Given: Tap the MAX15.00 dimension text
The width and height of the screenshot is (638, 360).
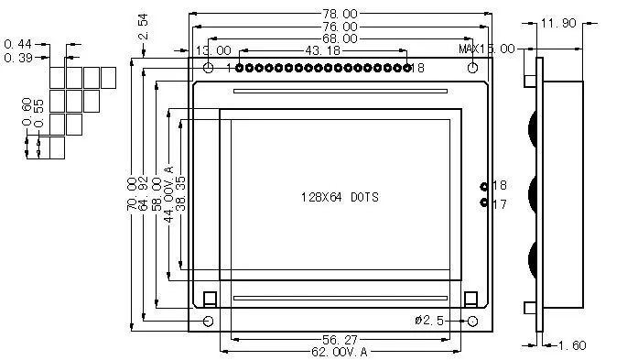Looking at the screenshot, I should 487,48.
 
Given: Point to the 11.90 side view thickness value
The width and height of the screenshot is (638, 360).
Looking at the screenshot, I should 558,24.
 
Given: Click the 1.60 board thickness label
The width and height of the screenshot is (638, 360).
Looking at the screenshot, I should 572,345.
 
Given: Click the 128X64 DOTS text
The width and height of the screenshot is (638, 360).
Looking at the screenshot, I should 340,197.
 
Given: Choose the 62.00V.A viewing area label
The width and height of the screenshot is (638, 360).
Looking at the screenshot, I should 339,351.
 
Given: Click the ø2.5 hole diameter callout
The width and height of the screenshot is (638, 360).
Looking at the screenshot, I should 429,320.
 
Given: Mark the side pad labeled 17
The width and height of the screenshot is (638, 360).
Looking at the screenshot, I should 484,203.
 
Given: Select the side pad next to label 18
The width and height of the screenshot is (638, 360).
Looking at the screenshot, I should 484,186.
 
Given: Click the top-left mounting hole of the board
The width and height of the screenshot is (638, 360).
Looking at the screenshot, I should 209,68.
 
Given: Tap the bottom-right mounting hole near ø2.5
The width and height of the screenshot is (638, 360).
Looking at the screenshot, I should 472,321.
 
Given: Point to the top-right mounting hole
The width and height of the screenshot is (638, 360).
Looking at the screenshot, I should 472,68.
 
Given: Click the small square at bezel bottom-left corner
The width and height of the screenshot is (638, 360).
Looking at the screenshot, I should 209,298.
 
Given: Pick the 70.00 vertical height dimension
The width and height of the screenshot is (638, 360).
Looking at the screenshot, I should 132,195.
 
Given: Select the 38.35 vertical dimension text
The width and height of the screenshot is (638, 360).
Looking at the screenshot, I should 181,194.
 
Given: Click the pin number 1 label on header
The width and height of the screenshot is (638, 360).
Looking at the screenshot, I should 229,68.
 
